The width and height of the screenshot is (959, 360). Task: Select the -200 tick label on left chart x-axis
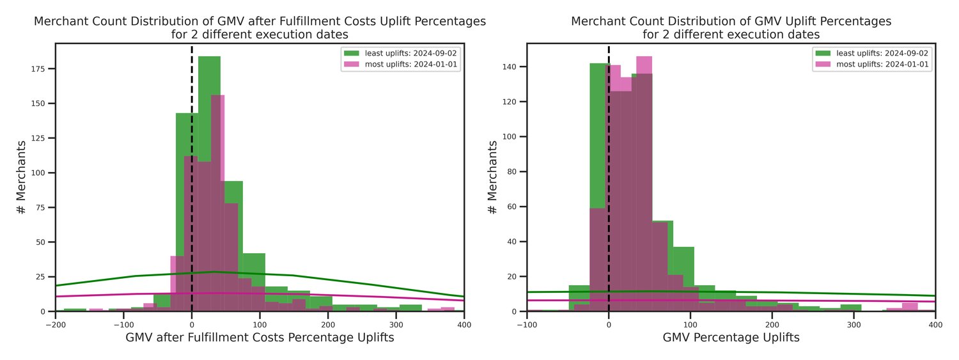56,324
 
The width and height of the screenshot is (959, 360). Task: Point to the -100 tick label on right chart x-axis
527,324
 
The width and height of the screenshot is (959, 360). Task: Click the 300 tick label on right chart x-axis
854,324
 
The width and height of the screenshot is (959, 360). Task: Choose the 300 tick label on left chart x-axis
396,324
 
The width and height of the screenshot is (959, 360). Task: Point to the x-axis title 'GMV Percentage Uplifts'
731,338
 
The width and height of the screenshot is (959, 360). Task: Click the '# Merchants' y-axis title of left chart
22,177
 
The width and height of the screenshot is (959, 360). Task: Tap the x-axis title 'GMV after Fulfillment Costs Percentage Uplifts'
260,338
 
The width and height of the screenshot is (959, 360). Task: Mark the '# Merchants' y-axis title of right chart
492,177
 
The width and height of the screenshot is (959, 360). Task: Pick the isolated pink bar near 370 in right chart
910,307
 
